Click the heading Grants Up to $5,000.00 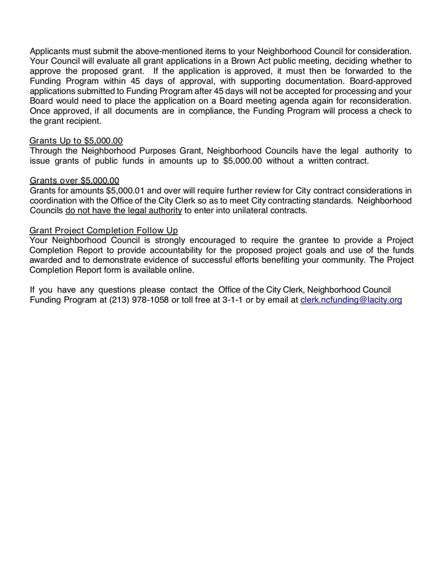coord(76,141)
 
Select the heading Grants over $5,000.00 coord(74,181)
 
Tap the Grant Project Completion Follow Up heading coord(103,230)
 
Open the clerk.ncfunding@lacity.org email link coord(351,300)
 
